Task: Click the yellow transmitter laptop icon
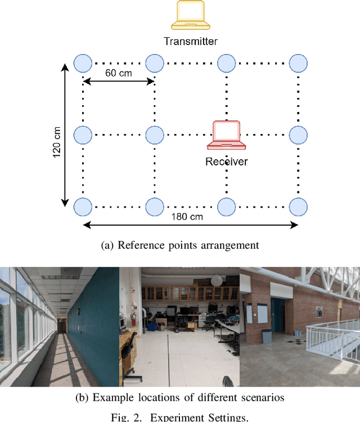(x=191, y=15)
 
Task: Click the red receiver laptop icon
(x=226, y=136)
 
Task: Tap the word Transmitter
(x=191, y=41)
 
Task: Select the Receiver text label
(x=226, y=162)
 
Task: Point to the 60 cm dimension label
(x=119, y=73)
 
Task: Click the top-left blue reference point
(x=83, y=63)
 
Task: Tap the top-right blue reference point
(x=298, y=63)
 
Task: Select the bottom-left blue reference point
(x=83, y=206)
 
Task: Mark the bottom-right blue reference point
(x=298, y=206)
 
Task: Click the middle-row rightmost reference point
(x=298, y=135)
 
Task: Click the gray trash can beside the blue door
(x=266, y=336)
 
